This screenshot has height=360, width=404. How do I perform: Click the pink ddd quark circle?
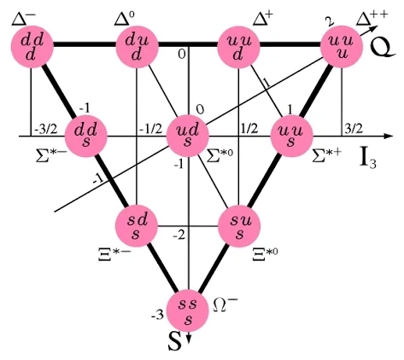point(32,47)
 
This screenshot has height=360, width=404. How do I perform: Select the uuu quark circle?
point(342,47)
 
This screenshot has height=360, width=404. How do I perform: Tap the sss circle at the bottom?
point(187,311)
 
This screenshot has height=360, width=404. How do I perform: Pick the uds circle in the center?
point(187,136)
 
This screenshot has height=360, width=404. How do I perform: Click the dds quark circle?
point(86,136)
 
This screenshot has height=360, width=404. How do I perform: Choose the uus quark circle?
point(291,136)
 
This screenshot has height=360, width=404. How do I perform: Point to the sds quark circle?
point(137,226)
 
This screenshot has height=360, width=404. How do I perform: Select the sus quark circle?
point(239,226)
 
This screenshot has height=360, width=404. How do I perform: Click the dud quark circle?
point(137,47)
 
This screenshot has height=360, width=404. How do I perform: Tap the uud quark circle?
point(238,47)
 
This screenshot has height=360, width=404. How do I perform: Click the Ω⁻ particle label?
point(225,304)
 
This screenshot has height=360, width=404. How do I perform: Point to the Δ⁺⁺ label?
point(372,19)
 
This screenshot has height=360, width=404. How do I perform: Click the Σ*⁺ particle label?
point(326,155)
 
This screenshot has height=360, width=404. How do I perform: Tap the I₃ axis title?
point(368,160)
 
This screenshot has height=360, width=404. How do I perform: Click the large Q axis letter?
point(383,48)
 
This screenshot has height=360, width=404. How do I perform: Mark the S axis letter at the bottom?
point(175,341)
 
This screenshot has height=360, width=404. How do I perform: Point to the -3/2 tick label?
point(46,129)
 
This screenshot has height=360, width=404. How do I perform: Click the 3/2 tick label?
point(354,129)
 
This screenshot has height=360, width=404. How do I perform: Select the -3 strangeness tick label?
point(157,315)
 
